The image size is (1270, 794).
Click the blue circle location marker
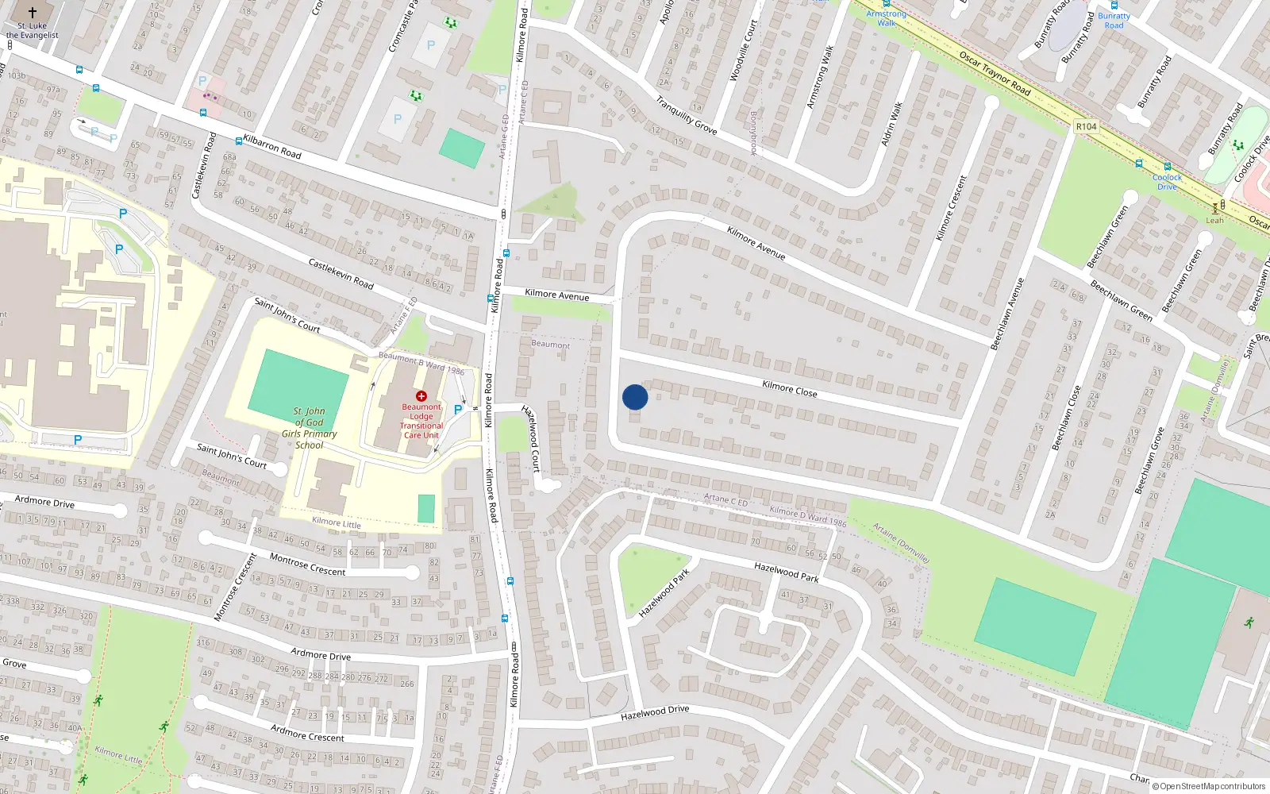coord(635,397)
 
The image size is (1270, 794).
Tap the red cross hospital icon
coord(421,395)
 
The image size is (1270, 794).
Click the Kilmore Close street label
coord(789,388)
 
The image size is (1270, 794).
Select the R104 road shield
coord(1086,126)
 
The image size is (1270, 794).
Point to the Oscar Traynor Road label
coord(995,73)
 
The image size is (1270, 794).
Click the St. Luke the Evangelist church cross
coord(33,13)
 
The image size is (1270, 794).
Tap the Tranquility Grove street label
coord(687,115)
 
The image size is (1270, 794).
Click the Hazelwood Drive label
coord(655,713)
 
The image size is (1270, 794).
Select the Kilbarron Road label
coord(272,146)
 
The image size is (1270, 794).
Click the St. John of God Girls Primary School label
coord(310,428)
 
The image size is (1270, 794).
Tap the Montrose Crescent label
coord(307,565)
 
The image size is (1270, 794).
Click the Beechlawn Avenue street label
coord(1007,314)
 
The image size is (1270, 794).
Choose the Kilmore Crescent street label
coord(952,208)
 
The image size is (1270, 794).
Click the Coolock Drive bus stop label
coord(1167,182)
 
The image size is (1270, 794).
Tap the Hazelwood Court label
coord(531,437)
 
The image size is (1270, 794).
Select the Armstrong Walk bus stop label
coord(886,18)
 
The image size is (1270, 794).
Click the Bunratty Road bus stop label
coord(1114,21)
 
